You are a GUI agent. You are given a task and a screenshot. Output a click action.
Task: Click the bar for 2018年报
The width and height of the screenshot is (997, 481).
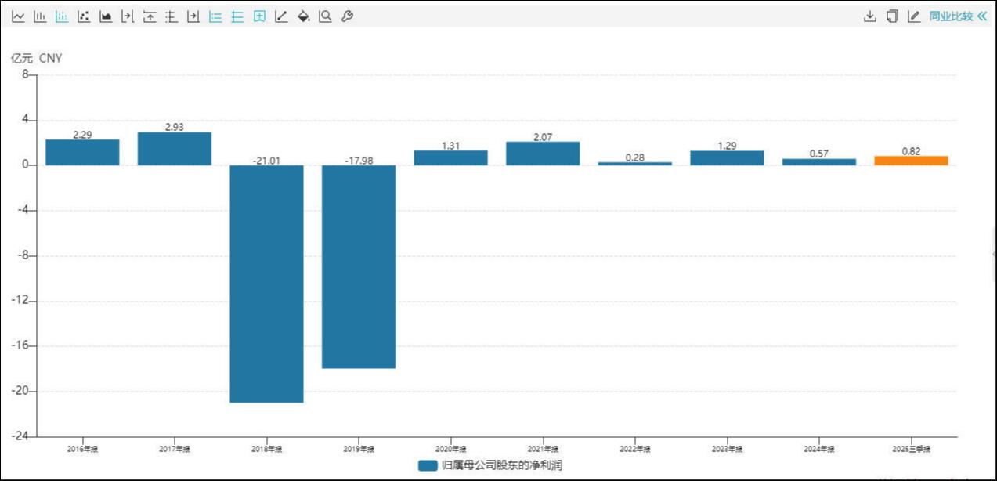point(266,284)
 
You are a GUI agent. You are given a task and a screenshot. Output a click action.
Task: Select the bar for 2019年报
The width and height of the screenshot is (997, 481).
point(359,266)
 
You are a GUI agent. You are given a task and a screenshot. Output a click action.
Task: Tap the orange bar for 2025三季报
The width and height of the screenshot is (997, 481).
point(911,161)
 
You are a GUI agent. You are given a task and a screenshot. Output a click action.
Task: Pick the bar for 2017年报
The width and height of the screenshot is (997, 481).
point(175,149)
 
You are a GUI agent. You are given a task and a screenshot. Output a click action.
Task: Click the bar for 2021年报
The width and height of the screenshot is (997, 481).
point(543,154)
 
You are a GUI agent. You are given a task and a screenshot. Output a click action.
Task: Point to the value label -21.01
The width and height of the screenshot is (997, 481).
point(266,161)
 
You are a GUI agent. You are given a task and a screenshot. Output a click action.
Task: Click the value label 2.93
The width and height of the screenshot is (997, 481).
point(175,127)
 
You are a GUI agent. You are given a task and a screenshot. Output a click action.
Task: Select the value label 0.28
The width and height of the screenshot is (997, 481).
point(635,157)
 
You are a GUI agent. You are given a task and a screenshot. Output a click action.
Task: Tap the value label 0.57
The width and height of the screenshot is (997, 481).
point(818,154)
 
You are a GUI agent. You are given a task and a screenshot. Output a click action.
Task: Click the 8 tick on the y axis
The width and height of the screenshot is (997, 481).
point(25,75)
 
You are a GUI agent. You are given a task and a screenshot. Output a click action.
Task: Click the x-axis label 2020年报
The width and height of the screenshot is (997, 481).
point(451,449)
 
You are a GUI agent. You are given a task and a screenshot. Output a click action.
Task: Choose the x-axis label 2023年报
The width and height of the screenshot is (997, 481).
point(727,449)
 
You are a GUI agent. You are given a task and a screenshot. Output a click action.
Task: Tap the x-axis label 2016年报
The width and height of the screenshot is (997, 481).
point(82,449)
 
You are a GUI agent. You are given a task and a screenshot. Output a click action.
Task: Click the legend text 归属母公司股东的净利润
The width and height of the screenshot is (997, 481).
point(502,465)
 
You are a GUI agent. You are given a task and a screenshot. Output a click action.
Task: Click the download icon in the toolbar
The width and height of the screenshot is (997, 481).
point(869,16)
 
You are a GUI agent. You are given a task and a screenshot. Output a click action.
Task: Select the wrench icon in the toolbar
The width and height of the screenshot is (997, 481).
point(348,16)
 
